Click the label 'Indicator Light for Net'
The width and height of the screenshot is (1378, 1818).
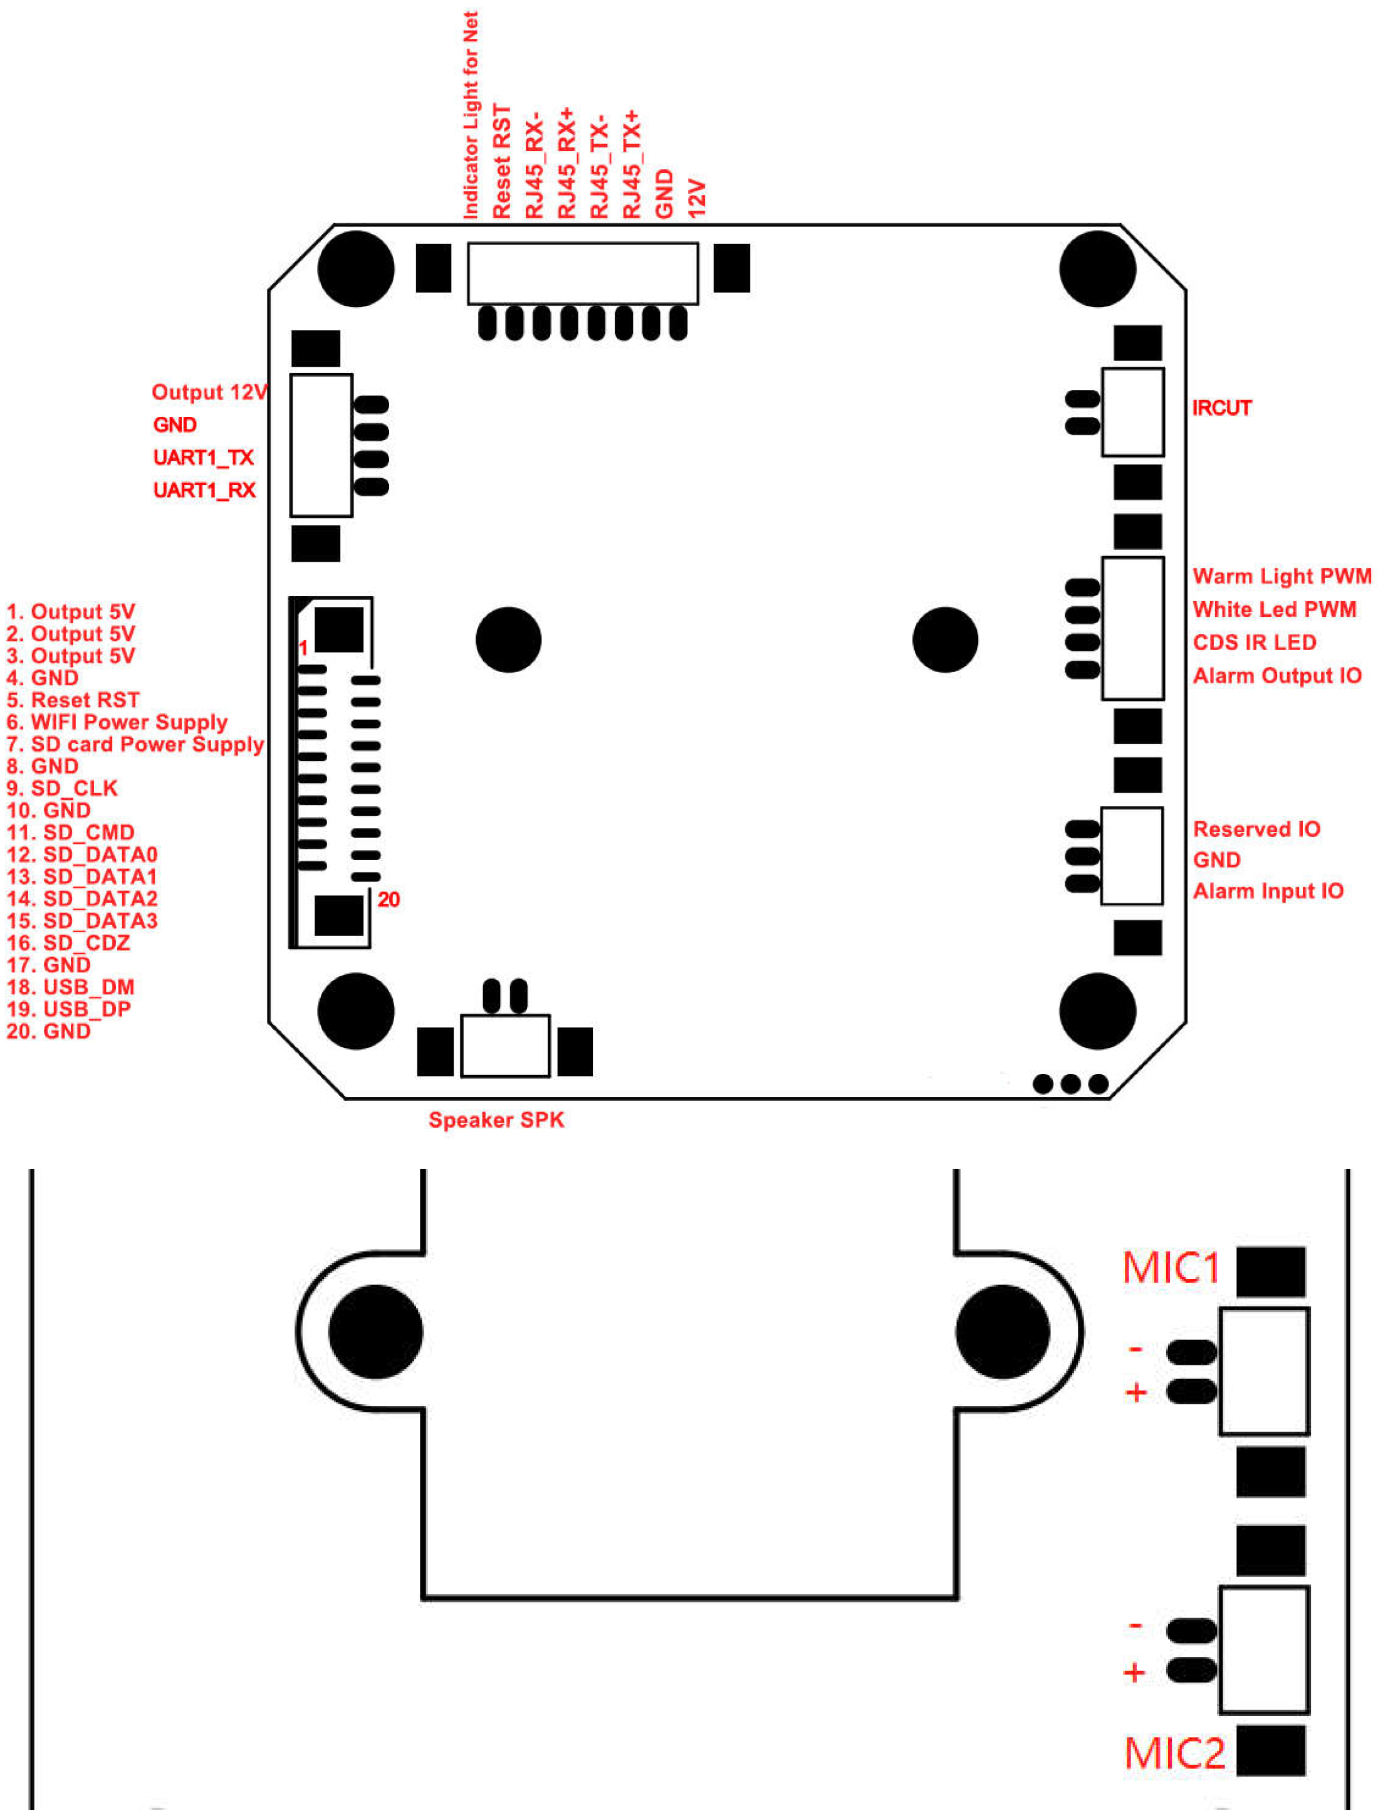pyautogui.click(x=471, y=115)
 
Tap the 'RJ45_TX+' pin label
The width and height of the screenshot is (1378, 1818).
pyautogui.click(x=630, y=164)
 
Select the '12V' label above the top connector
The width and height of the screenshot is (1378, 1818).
pyautogui.click(x=697, y=199)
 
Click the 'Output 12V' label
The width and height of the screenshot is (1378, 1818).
pyautogui.click(x=209, y=392)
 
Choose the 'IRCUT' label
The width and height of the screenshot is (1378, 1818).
pyautogui.click(x=1221, y=407)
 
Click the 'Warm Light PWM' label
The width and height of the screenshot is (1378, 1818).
pyautogui.click(x=1281, y=576)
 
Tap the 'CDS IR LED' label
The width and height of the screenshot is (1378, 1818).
pyautogui.click(x=1254, y=642)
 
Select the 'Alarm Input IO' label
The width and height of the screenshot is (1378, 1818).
pyautogui.click(x=1267, y=891)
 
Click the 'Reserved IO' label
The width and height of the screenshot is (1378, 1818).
pyautogui.click(x=1256, y=829)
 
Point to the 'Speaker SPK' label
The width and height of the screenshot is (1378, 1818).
pyautogui.click(x=496, y=1120)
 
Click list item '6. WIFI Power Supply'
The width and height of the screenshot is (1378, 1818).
pyautogui.click(x=117, y=722)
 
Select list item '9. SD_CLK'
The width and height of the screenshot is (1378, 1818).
pyautogui.click(x=63, y=788)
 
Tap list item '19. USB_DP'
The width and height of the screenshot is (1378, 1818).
pyautogui.click(x=69, y=1009)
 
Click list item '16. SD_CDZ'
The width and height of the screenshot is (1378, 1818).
pyautogui.click(x=69, y=943)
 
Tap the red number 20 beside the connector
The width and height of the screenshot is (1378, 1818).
pyautogui.click(x=389, y=899)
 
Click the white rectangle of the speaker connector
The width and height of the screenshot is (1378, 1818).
pyautogui.click(x=504, y=1046)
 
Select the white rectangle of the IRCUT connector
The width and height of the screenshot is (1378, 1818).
pyautogui.click(x=1132, y=412)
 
